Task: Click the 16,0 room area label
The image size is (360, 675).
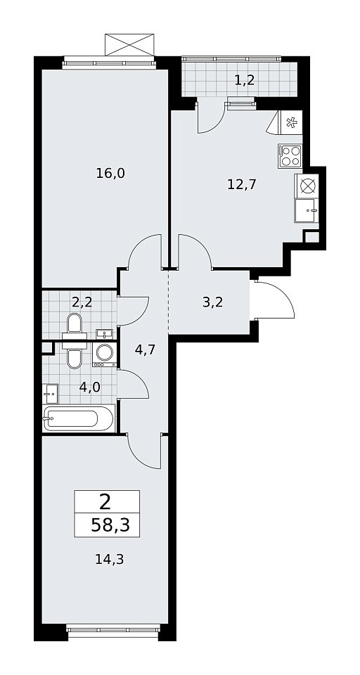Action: (x=110, y=173)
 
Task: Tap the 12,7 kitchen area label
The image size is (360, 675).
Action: (x=242, y=184)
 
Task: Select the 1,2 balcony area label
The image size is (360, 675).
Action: (x=245, y=79)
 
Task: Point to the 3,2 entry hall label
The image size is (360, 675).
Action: (x=212, y=302)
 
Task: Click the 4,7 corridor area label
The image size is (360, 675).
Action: (x=145, y=349)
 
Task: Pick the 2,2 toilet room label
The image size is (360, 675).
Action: (x=82, y=302)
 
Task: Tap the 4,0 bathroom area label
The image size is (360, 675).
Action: (x=89, y=387)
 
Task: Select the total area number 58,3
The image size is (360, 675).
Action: (x=110, y=526)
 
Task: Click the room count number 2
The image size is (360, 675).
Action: (x=105, y=502)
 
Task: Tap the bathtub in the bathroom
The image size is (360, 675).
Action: (x=79, y=418)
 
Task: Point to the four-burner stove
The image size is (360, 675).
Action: (x=290, y=156)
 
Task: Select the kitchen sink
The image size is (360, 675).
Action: (x=307, y=210)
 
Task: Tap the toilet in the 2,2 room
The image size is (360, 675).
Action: (x=75, y=323)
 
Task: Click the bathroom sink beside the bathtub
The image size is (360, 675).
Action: (x=51, y=393)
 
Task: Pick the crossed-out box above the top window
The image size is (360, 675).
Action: (x=129, y=44)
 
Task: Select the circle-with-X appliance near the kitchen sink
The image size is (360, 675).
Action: (x=307, y=186)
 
